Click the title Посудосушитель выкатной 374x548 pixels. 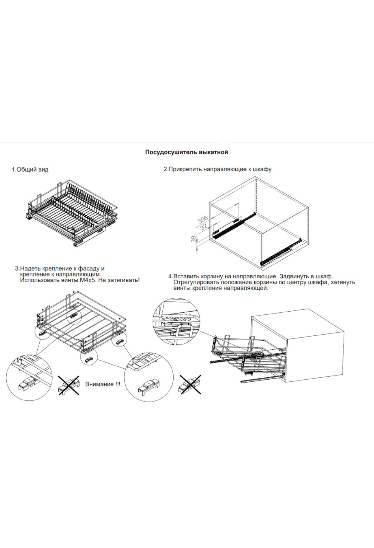coord(187,152)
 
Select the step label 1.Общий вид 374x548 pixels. coord(30,170)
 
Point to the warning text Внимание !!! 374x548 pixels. coord(103,384)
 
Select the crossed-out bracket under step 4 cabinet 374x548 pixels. coord(190,385)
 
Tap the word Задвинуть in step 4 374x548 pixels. coord(294,276)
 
